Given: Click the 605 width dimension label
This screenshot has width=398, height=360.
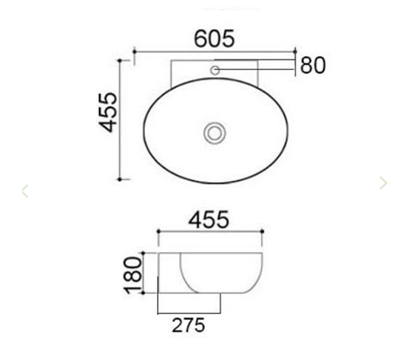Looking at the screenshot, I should pos(214,38).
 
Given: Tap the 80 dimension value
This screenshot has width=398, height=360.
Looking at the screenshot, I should pos(312,66).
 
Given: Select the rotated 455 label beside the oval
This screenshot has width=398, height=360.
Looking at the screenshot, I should pos(108,112).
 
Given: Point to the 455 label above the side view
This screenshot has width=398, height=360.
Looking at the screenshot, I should pos(209,219).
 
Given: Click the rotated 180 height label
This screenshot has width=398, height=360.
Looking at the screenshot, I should pos(133,275).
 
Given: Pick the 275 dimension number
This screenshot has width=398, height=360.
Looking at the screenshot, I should pos(188,325).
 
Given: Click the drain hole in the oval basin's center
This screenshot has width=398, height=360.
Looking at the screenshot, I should pos(215,133).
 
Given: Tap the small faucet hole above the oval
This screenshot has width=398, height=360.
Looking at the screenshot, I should pos(215,71).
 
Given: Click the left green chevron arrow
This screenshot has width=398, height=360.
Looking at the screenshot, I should pos(25,191).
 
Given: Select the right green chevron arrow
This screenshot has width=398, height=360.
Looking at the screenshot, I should pos(382,183).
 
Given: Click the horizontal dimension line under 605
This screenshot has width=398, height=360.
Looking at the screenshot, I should pos(214,52).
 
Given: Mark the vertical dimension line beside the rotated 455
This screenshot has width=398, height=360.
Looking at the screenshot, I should pos(121,118).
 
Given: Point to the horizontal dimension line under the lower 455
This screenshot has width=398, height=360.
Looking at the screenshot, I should pos(211,233).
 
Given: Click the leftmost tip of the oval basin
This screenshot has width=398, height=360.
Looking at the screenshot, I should pos(144,133).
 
